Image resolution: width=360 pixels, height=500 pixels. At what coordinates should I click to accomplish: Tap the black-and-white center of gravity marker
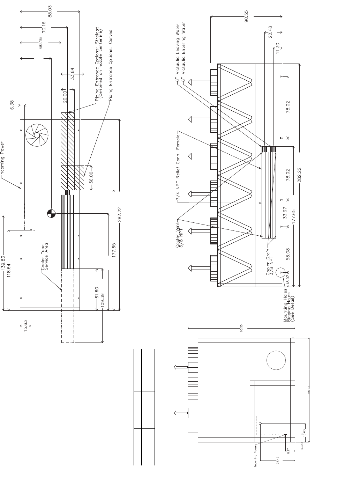point(51,213)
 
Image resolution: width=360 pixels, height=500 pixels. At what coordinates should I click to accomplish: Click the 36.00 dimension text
point(91,178)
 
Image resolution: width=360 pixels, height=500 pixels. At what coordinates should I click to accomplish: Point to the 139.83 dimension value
point(3,264)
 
